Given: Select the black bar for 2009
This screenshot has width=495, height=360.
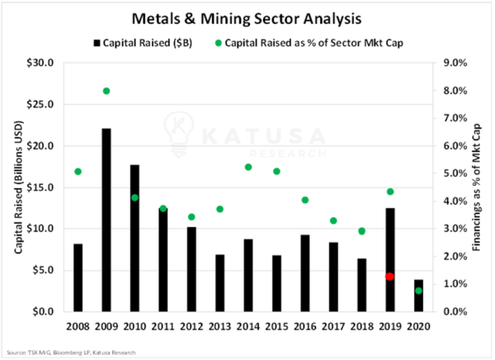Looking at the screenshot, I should click(x=106, y=220).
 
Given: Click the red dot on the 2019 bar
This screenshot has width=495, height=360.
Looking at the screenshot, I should click(x=389, y=277).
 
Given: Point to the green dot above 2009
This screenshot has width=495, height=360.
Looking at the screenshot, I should click(x=106, y=91).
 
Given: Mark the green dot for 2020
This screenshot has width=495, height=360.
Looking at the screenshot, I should click(x=418, y=291).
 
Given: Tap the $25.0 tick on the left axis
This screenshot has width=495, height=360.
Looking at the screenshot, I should click(x=40, y=104).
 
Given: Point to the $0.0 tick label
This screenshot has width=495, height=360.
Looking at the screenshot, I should click(x=43, y=312).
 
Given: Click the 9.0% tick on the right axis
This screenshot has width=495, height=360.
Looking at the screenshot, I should click(x=455, y=63).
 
